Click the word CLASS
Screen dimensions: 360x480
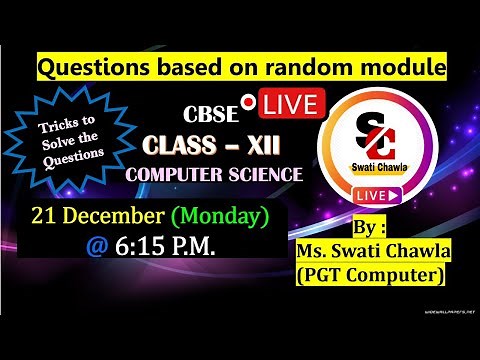[185, 147]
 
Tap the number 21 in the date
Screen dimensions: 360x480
[45, 215]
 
